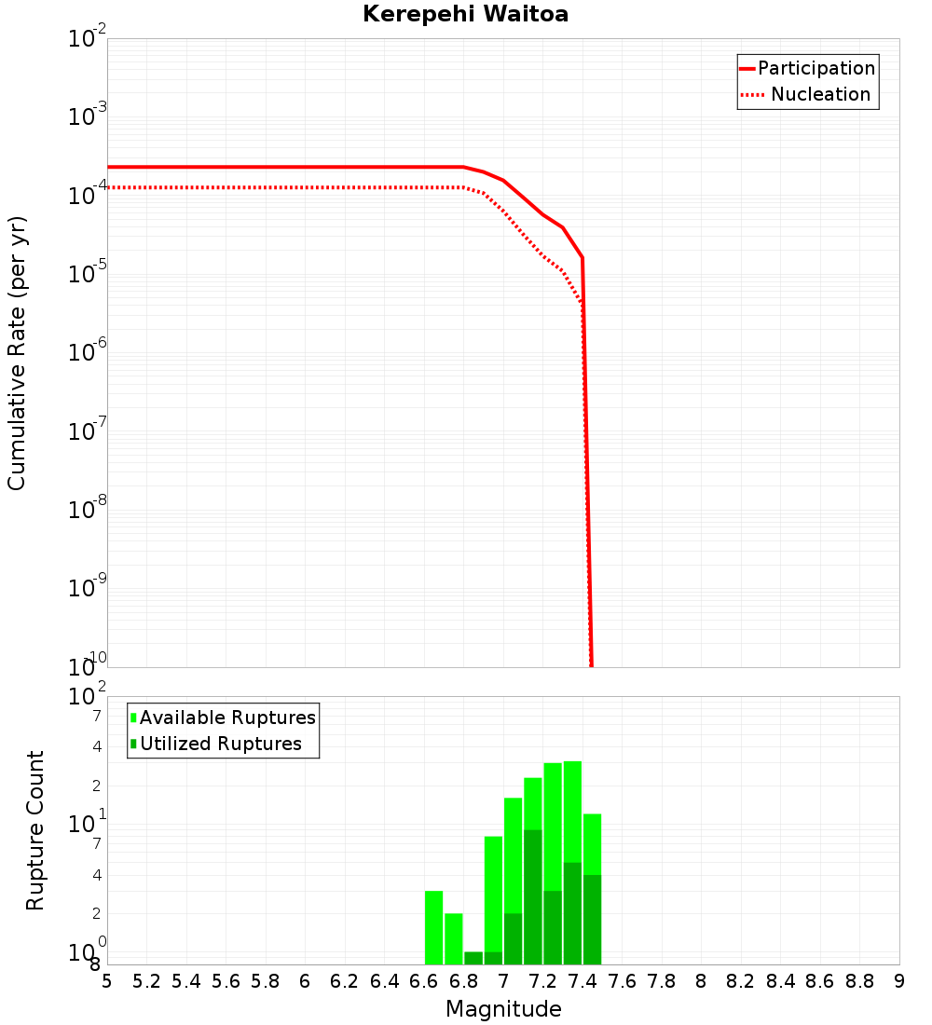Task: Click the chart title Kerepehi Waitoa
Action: pyautogui.click(x=465, y=14)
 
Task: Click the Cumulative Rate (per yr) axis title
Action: pyautogui.click(x=17, y=353)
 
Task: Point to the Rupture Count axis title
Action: pyautogui.click(x=35, y=830)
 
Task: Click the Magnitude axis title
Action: pyautogui.click(x=503, y=1009)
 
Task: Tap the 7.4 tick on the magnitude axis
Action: pyautogui.click(x=582, y=981)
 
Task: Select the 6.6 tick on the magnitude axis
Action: pyautogui.click(x=424, y=981)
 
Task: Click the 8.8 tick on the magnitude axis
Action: pyautogui.click(x=859, y=981)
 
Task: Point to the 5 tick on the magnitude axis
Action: pyautogui.click(x=107, y=981)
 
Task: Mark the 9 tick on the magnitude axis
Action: pyautogui.click(x=899, y=981)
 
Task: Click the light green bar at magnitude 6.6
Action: pyautogui.click(x=433, y=927)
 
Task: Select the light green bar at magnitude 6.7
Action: pyautogui.click(x=454, y=938)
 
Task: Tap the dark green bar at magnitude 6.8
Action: pyautogui.click(x=473, y=958)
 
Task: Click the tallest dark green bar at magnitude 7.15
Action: pyautogui.click(x=533, y=896)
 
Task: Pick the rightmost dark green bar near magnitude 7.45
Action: pyautogui.click(x=592, y=920)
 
